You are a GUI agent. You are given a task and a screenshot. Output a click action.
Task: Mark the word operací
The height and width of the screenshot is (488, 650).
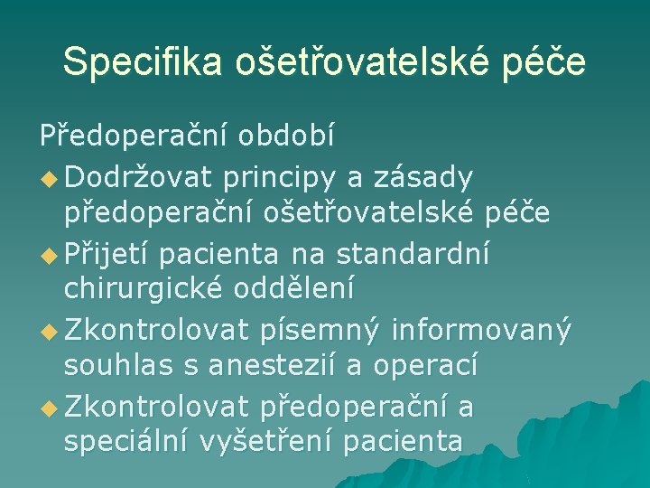(x=425, y=366)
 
